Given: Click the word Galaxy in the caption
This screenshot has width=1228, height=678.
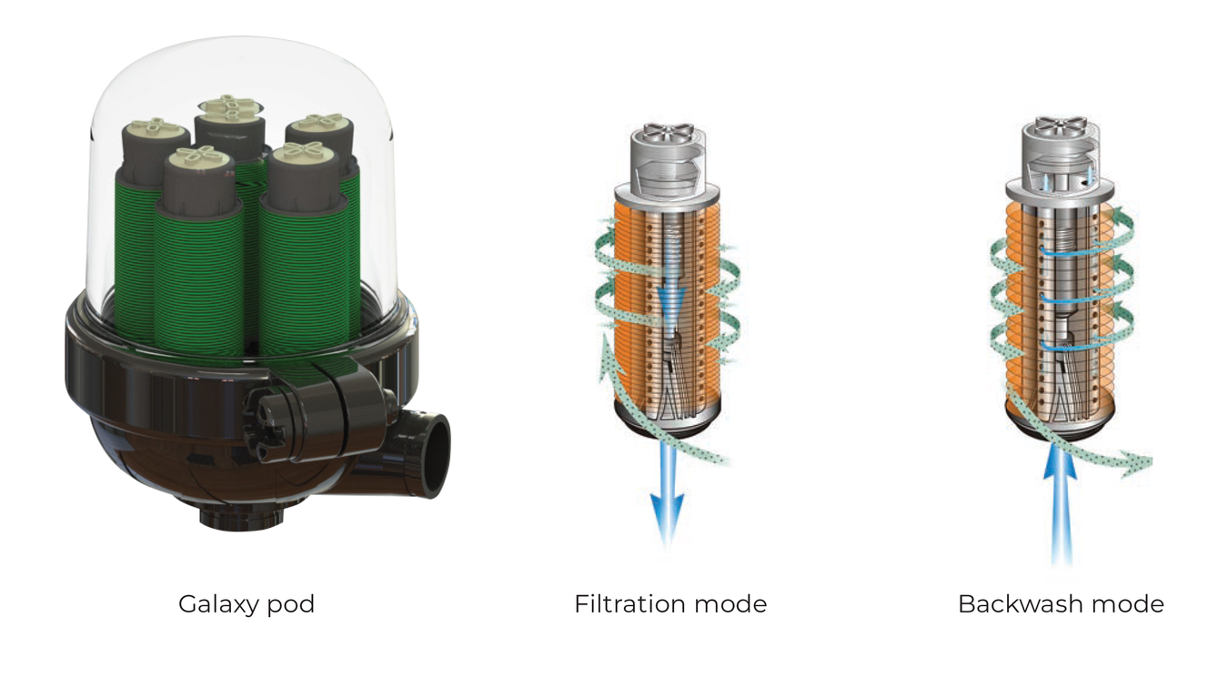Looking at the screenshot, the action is [218, 605].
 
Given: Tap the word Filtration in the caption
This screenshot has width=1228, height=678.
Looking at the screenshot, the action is [629, 604].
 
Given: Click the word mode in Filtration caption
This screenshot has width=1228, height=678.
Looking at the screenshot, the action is [730, 604].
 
